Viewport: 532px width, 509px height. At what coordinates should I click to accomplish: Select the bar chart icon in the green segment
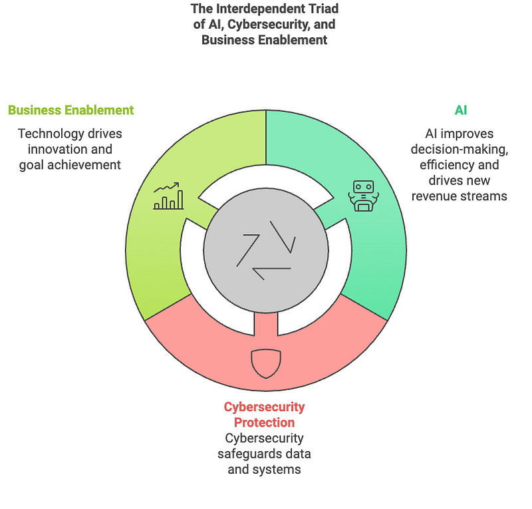point(168,198)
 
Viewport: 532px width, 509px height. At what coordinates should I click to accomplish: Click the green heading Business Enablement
point(70,110)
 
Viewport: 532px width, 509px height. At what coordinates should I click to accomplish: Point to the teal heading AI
point(460,110)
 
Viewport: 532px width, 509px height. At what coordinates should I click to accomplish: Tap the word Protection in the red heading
point(264,423)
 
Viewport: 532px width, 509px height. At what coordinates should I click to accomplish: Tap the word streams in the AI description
point(483,196)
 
